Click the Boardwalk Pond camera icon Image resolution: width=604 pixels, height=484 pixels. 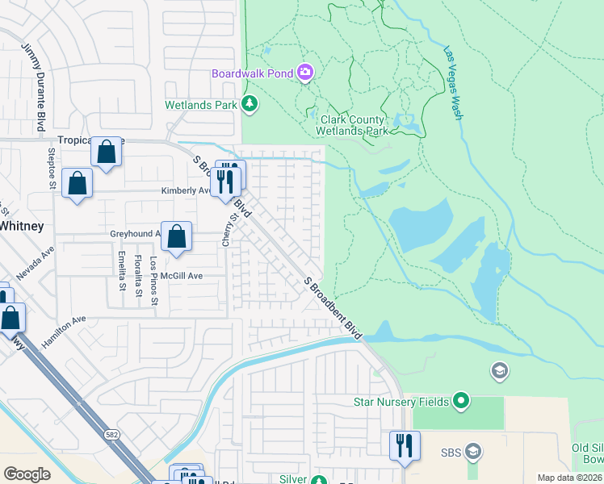coord(305,73)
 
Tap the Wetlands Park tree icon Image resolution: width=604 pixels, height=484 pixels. coord(250,104)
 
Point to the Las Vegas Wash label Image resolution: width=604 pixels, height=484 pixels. coord(452,82)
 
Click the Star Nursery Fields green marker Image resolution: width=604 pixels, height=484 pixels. coord(460,400)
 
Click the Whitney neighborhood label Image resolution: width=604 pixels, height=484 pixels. coord(21,226)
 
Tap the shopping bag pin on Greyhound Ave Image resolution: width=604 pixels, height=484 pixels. coord(177,236)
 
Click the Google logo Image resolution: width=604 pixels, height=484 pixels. coord(26,474)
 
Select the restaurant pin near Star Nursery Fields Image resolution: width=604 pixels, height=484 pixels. coord(405,446)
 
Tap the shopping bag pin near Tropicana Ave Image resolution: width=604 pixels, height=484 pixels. coord(106,152)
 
